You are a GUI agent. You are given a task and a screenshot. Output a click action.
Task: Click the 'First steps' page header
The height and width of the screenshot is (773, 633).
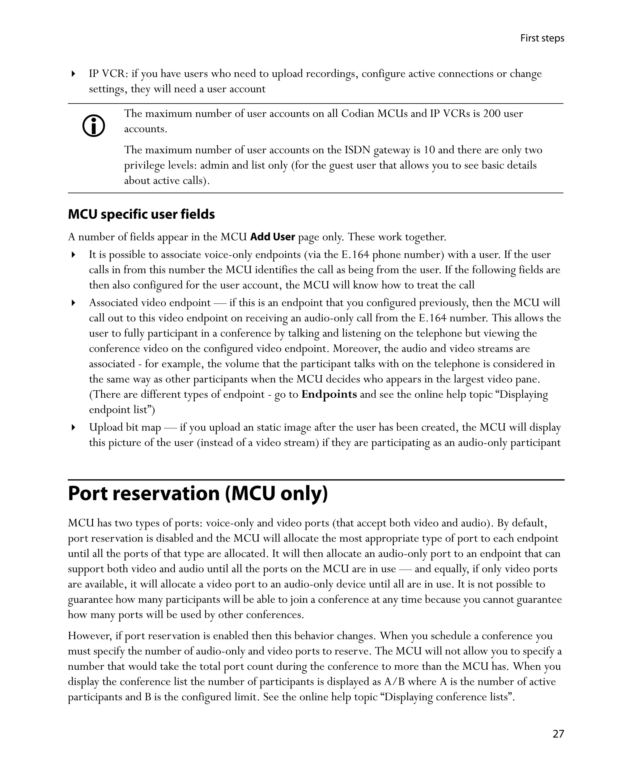(542, 38)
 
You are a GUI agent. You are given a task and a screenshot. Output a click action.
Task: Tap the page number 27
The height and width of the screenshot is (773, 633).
(558, 734)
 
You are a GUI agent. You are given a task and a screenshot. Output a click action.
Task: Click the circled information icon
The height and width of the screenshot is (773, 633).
(94, 126)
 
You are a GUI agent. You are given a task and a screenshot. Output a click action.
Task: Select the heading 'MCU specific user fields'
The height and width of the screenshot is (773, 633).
(141, 214)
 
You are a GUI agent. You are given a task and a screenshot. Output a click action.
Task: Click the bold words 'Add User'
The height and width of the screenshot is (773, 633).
(272, 237)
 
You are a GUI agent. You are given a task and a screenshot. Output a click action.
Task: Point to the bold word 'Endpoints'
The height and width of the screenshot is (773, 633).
(329, 394)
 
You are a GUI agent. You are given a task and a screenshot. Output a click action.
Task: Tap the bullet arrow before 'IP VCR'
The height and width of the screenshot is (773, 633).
(73, 74)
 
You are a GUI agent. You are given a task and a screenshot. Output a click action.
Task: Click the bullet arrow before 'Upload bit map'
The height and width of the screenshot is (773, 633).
(73, 427)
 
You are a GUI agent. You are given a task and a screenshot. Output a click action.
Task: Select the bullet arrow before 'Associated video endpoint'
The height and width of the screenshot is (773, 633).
(73, 303)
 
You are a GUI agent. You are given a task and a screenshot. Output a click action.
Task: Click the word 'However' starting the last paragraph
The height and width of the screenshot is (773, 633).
(90, 636)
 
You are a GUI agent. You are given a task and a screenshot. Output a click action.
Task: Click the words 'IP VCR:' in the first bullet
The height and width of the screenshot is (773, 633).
(108, 74)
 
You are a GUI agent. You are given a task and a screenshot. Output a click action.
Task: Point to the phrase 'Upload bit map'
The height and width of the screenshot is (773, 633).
(125, 427)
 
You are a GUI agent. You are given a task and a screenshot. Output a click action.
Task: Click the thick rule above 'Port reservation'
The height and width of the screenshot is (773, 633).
(316, 480)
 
